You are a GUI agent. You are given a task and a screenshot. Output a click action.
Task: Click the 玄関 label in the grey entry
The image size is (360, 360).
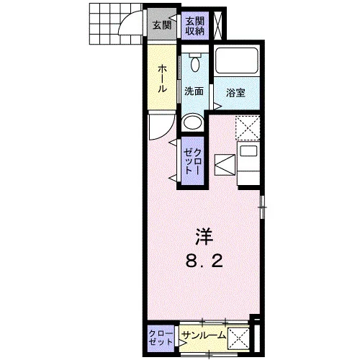tap(162, 25)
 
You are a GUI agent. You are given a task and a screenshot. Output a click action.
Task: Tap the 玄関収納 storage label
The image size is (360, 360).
tap(195, 26)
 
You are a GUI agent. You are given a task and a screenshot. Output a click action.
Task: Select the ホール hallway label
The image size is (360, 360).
tap(162, 78)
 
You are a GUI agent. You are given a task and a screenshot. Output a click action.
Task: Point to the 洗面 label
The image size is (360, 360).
tap(194, 91)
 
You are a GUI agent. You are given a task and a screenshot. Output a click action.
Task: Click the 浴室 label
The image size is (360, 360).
tap(235, 93)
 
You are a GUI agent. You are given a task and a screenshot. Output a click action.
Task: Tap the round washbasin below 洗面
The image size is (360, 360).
tap(192, 122)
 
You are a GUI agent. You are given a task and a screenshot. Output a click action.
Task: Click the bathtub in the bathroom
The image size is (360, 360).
tap(237, 61)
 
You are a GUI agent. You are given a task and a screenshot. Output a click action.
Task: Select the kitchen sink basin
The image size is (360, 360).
tap(248, 151)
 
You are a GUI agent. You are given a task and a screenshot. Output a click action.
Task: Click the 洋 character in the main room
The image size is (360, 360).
tap(204, 236)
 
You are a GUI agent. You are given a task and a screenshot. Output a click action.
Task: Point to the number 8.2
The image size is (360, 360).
tap(204, 261)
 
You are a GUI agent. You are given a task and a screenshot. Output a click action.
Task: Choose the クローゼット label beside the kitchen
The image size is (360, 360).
tap(192, 161)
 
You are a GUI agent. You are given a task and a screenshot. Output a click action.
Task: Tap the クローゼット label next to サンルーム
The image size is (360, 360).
tap(161, 338)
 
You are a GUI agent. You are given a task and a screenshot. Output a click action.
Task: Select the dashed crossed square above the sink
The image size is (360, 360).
tap(248, 128)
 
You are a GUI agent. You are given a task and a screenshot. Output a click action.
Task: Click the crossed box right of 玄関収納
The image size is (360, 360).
tap(218, 24)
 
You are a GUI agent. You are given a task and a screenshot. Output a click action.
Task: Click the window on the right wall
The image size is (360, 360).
tap(263, 207)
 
